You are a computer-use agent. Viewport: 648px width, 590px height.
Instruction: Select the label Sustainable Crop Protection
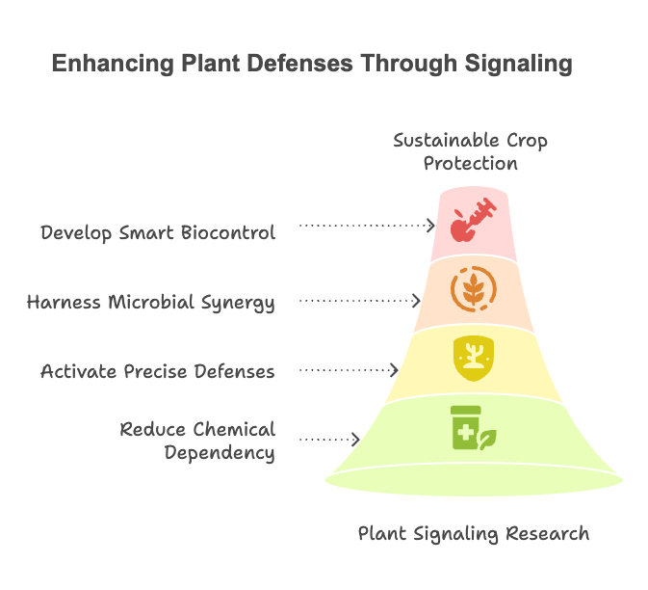pos(471,151)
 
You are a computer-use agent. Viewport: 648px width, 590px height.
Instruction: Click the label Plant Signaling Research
pos(474,533)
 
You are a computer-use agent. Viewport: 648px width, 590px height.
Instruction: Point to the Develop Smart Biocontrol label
pos(158,232)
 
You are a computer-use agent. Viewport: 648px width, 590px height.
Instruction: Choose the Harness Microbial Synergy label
pos(151,302)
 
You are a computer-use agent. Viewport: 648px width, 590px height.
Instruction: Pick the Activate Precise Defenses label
pos(158,371)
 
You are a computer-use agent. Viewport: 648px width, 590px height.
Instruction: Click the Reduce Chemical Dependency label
pos(197,441)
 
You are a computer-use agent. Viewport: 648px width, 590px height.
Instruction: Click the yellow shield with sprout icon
pos(473,356)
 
